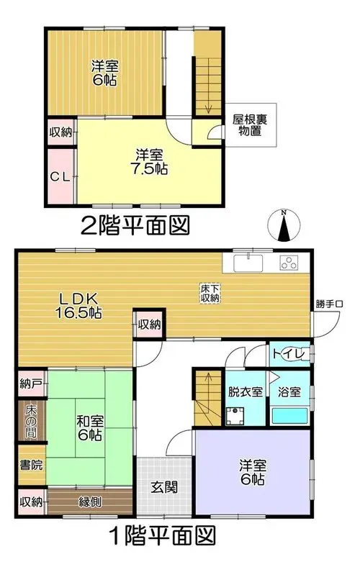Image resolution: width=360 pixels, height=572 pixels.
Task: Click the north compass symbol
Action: [x=284, y=225]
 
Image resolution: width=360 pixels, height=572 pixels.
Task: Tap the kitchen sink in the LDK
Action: [x=248, y=263]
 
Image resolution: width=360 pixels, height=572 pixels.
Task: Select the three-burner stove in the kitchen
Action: [x=289, y=263]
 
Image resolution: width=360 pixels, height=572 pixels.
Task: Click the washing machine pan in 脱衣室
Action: [x=235, y=417]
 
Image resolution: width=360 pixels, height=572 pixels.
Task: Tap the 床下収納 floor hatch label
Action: [x=210, y=293]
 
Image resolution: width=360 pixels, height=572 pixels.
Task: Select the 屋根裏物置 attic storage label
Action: [x=250, y=125]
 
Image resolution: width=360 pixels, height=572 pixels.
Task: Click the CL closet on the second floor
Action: [x=60, y=176]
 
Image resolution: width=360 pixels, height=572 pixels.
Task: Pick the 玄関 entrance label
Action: [x=165, y=487]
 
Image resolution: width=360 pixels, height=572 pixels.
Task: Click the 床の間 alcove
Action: [x=32, y=421]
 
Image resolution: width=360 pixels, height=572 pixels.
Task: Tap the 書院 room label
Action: [x=31, y=465]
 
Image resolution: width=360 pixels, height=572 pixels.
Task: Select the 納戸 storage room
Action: [x=32, y=383]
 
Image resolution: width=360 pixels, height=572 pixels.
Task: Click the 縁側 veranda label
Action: [x=90, y=502]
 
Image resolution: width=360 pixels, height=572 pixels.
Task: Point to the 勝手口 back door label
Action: [x=329, y=304]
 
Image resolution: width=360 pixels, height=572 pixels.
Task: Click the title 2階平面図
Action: [x=135, y=225]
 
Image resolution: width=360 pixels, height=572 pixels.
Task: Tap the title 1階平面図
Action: [x=163, y=535]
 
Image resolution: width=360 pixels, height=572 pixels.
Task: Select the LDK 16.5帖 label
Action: [x=78, y=306]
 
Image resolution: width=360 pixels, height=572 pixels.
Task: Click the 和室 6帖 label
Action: [x=89, y=428]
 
